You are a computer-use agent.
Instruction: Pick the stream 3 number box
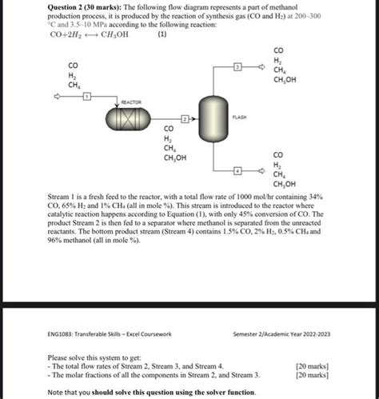click(237, 70)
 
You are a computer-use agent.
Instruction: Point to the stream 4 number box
click(237, 171)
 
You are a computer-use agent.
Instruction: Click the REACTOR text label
click(130, 102)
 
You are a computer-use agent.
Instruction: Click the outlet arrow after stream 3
click(273, 70)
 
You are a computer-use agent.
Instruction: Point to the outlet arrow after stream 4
click(273, 171)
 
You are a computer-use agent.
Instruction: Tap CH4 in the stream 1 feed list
click(74, 84)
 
